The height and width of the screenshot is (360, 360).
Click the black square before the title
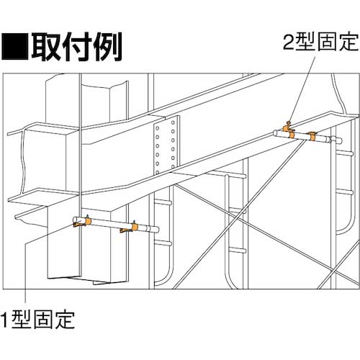click(x=15, y=46)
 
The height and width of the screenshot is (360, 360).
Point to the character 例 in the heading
click(x=107, y=46)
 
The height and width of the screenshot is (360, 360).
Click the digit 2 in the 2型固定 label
click(x=289, y=42)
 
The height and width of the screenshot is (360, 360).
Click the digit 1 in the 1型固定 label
click(x=5, y=320)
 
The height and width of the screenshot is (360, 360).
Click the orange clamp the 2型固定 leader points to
click(x=289, y=130)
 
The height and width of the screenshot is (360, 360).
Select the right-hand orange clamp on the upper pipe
click(x=312, y=136)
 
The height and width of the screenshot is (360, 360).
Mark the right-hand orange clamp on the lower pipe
click(x=130, y=228)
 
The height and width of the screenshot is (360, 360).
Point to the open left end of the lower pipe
click(x=76, y=220)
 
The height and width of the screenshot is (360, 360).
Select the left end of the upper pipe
click(x=275, y=133)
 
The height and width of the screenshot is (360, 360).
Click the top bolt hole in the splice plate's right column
click(x=173, y=122)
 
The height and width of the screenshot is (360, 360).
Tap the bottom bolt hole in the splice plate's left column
click(x=158, y=172)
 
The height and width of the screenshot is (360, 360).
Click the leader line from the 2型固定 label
click(x=302, y=89)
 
